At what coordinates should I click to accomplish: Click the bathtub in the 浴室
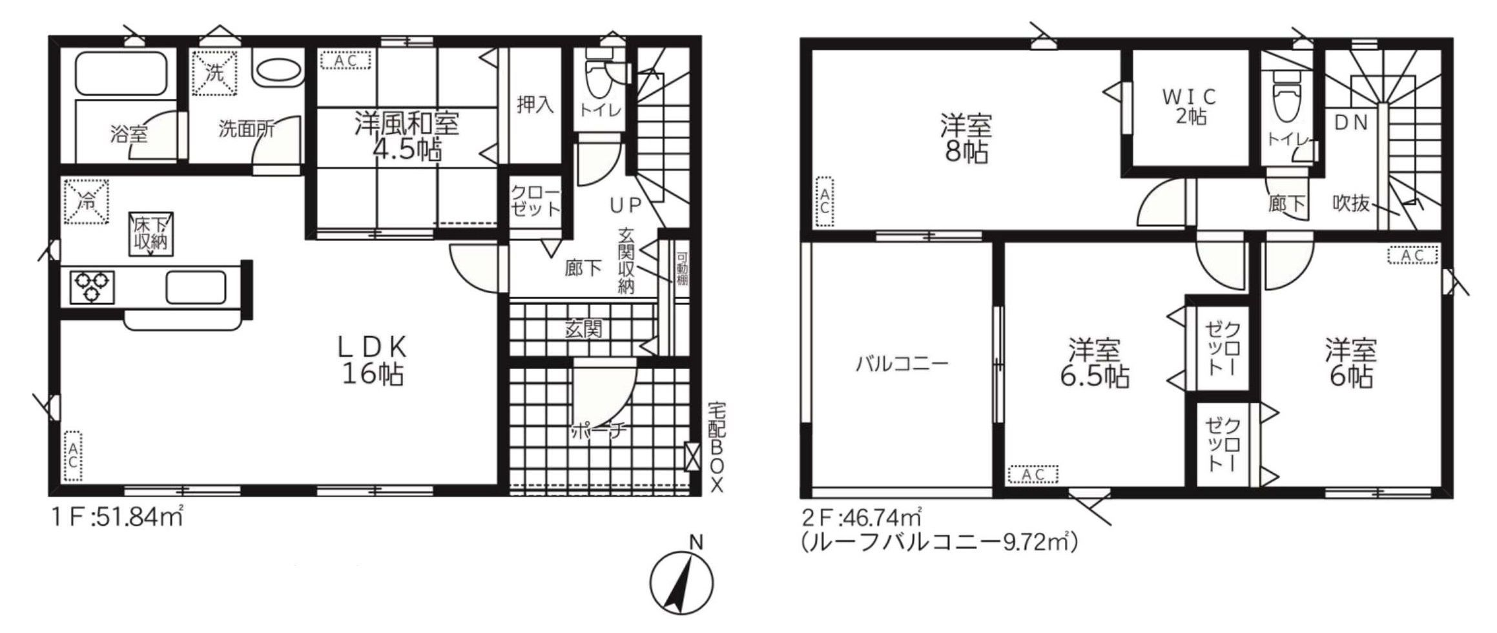(x=121, y=74)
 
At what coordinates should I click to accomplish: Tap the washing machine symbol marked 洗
(x=214, y=73)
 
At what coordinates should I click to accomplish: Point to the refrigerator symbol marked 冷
(x=86, y=202)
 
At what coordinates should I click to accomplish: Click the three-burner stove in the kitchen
(x=92, y=288)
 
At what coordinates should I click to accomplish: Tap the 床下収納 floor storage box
(x=151, y=234)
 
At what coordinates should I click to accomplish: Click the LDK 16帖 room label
(x=373, y=360)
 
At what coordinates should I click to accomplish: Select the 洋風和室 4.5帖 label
(x=407, y=136)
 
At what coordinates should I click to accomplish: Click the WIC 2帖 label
(x=1190, y=107)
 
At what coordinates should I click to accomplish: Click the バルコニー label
(x=902, y=364)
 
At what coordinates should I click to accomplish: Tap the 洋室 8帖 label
(x=965, y=139)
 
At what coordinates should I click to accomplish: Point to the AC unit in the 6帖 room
(x=1413, y=255)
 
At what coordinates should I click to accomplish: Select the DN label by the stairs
(x=1351, y=123)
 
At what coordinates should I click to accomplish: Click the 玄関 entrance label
(x=583, y=329)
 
